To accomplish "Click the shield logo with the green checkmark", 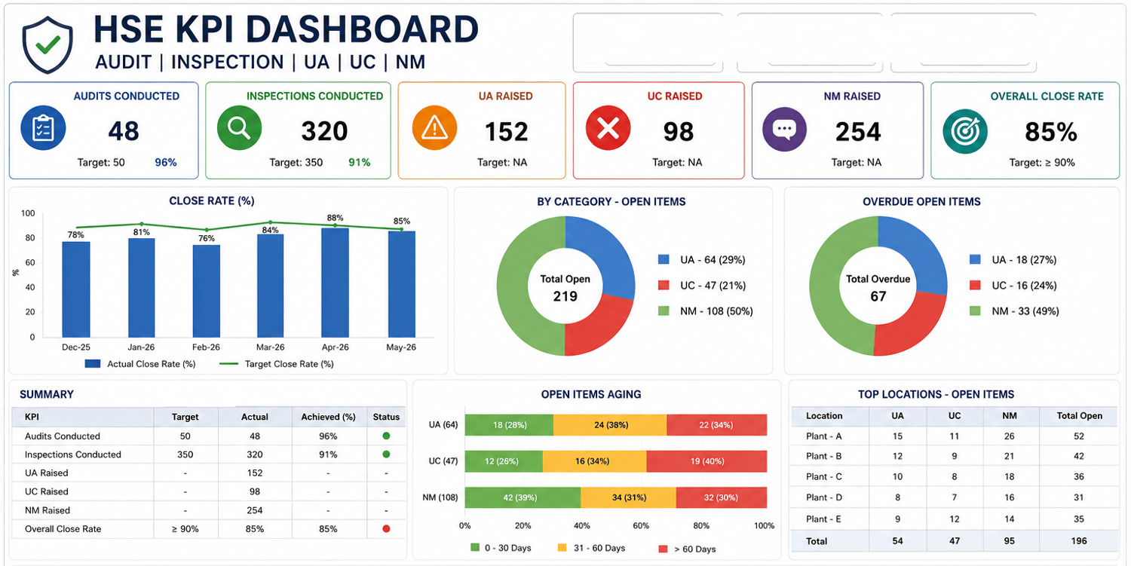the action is (x=48, y=44).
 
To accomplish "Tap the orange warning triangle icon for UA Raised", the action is (x=434, y=128).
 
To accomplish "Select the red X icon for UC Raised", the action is (x=608, y=128).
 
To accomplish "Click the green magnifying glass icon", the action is (x=239, y=128).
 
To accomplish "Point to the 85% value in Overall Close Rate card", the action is (x=1051, y=132).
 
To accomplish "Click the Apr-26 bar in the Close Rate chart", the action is (x=336, y=282).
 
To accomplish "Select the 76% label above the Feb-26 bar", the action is (x=207, y=238).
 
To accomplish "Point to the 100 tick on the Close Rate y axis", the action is (x=28, y=213).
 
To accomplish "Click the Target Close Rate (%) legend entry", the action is (x=277, y=364).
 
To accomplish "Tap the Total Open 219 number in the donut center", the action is (x=565, y=296).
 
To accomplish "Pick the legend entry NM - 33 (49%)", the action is (x=1014, y=311).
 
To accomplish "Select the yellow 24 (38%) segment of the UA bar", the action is (x=610, y=425).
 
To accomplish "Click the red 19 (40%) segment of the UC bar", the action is (x=706, y=461).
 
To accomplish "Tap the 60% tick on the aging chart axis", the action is (x=641, y=525).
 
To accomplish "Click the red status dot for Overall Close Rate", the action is (x=386, y=528).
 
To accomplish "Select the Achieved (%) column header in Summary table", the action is (x=328, y=417).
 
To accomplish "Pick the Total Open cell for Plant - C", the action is (x=1078, y=476).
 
